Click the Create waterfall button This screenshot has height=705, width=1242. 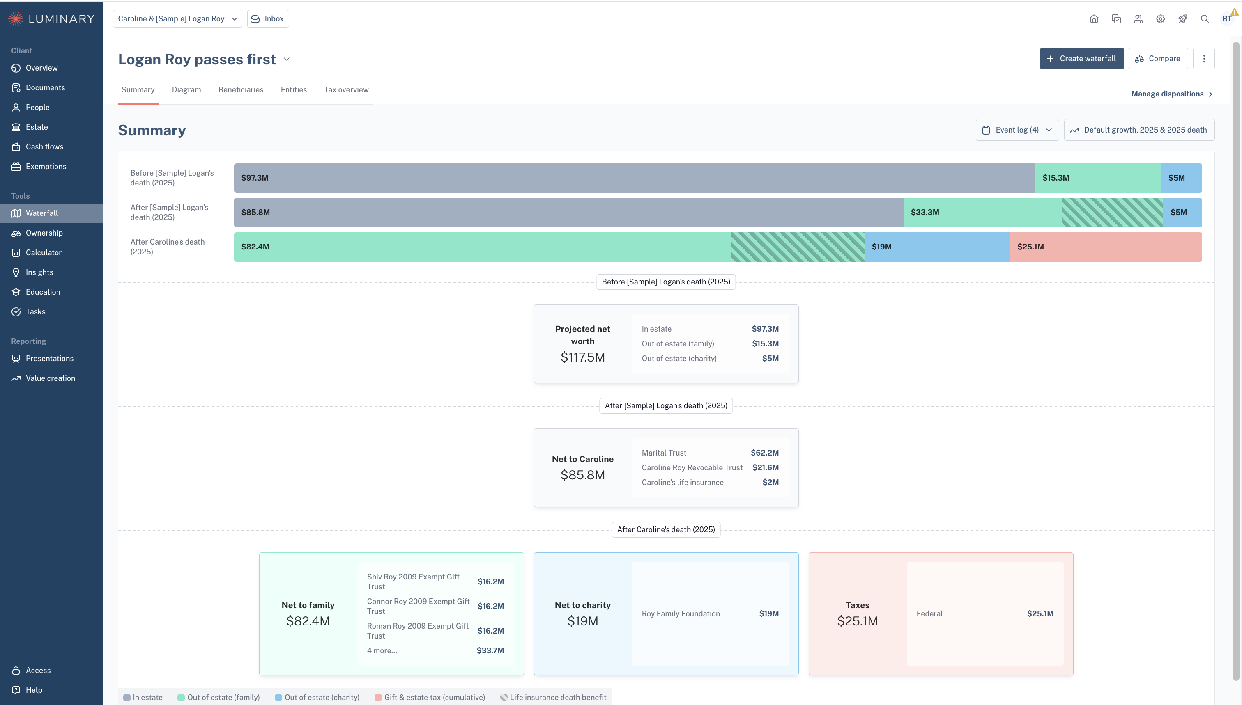point(1081,59)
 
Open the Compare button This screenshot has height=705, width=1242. point(1158,59)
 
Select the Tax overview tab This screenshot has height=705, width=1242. point(346,89)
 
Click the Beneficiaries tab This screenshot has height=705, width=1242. point(241,89)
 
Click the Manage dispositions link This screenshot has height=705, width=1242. point(1172,94)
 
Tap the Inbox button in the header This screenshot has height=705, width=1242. point(268,19)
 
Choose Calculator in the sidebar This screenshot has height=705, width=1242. point(44,253)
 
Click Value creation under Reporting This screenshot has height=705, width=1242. point(51,378)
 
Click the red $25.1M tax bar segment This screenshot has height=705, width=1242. point(1105,247)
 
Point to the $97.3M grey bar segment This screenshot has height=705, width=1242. point(634,178)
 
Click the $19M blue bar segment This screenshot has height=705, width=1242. point(937,247)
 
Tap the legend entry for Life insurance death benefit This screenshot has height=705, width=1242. point(553,697)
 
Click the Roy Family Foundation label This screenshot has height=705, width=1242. point(681,613)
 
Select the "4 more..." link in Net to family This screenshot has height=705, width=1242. point(382,650)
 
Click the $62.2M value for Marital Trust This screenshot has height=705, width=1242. point(765,453)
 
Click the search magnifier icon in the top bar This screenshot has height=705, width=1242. point(1204,19)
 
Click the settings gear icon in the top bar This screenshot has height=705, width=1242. point(1160,19)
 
